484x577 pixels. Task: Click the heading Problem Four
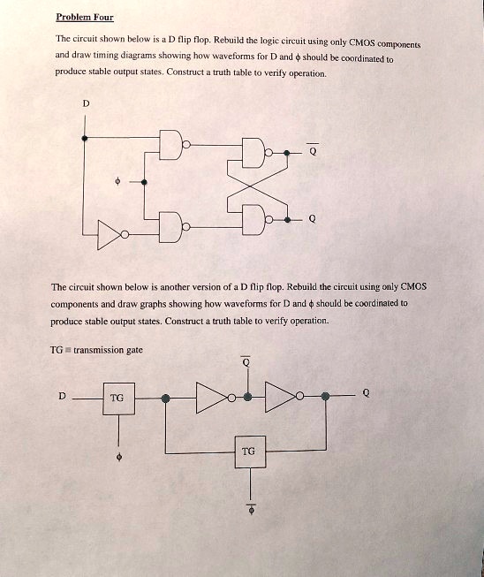(x=85, y=18)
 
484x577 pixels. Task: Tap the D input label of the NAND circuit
(x=86, y=103)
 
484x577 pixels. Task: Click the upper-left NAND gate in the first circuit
(x=173, y=145)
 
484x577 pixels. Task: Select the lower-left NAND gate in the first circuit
(x=173, y=227)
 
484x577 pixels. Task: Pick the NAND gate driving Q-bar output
(x=256, y=153)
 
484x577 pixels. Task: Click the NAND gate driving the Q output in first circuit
(x=256, y=220)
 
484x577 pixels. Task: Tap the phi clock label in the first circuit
(x=117, y=181)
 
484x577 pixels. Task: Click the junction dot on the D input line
(x=85, y=138)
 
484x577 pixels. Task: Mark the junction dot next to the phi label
(x=144, y=182)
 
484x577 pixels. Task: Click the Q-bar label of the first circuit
(x=313, y=150)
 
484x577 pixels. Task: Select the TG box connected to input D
(x=118, y=399)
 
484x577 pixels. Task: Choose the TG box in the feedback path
(x=250, y=452)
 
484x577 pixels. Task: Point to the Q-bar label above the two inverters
(x=246, y=361)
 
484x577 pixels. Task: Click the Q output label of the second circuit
(x=366, y=393)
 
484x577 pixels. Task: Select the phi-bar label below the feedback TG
(x=252, y=510)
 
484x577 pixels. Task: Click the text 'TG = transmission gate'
(x=96, y=350)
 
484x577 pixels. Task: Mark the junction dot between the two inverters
(x=248, y=397)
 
